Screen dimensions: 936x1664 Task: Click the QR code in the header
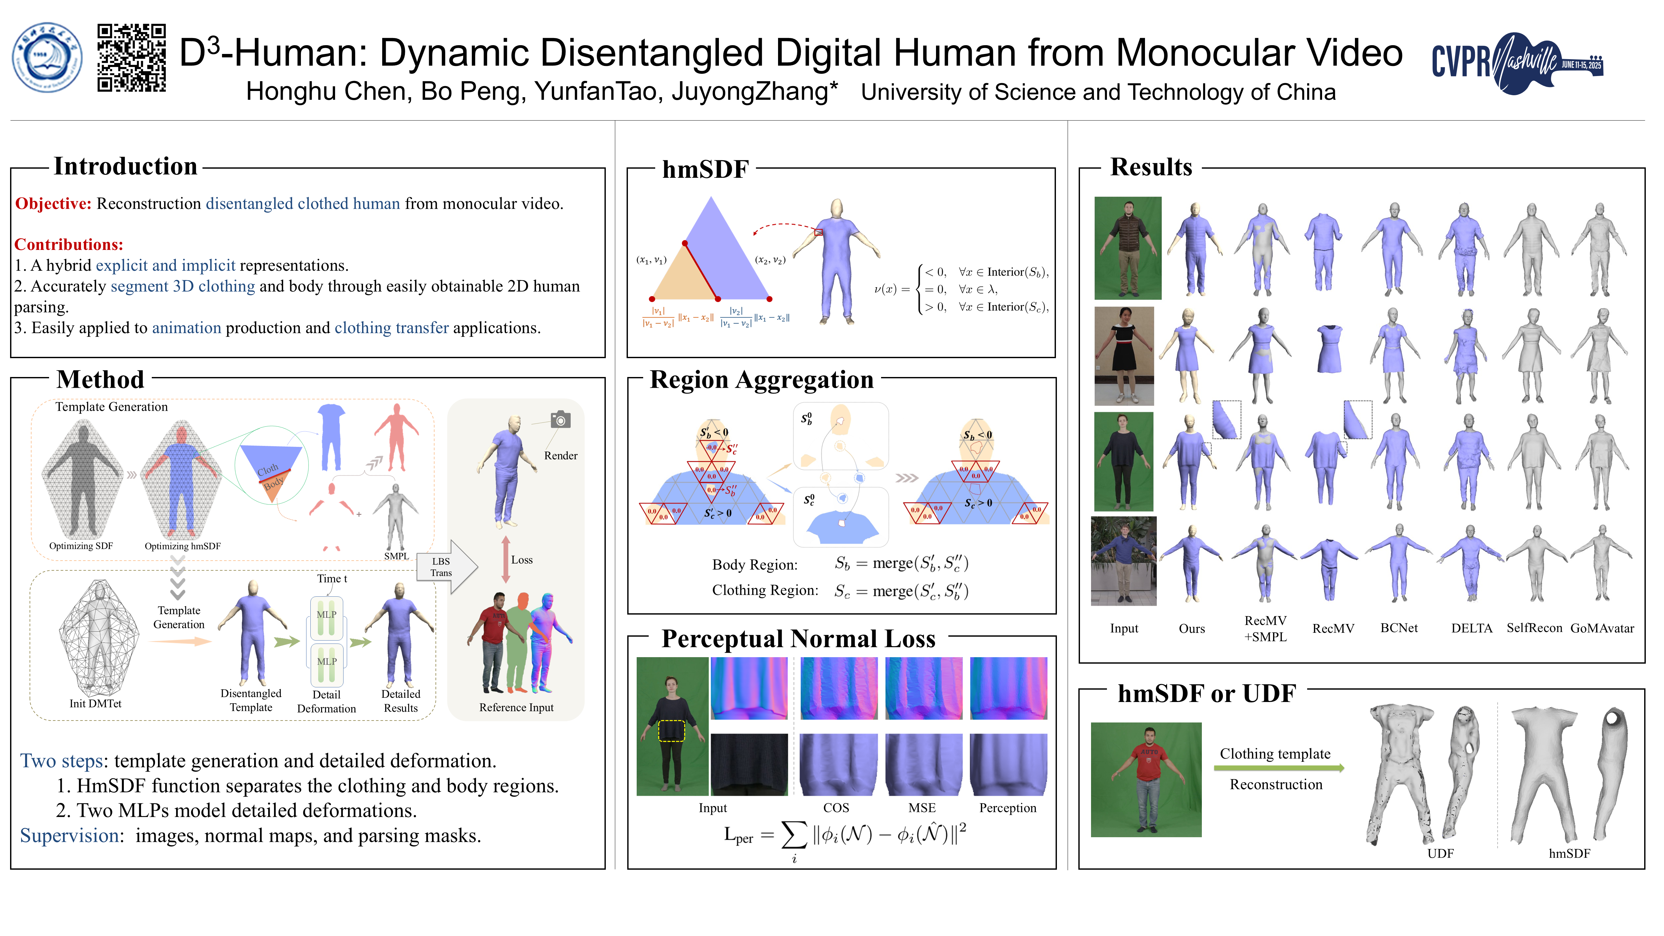click(132, 58)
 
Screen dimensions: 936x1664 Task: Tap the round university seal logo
click(47, 58)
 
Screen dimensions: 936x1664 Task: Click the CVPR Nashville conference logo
click(1517, 63)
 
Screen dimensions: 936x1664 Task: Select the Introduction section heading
click(125, 167)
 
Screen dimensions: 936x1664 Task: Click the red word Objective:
click(53, 204)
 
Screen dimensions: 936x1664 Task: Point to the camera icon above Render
click(560, 420)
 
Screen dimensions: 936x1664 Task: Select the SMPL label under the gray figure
click(396, 556)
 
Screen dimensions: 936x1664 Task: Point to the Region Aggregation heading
click(761, 380)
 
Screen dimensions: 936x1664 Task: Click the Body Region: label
click(754, 565)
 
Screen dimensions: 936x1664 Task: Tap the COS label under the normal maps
click(836, 808)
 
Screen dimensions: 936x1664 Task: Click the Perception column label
click(1007, 808)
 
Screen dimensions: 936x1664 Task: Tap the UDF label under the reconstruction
click(1440, 853)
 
